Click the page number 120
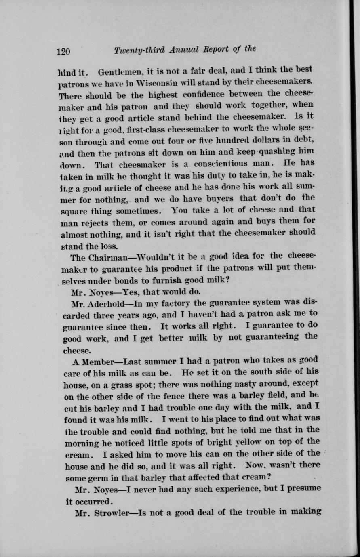pos(63,51)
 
